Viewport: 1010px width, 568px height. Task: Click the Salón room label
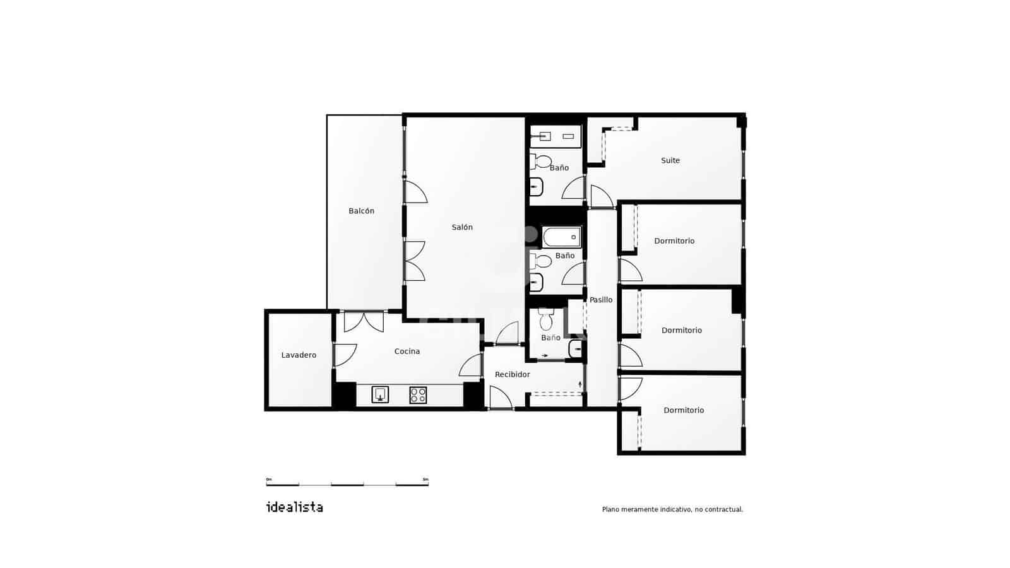pos(462,227)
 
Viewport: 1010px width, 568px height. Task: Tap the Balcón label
pos(361,211)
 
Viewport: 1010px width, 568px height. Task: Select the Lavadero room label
pos(299,355)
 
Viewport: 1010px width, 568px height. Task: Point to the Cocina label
pos(407,352)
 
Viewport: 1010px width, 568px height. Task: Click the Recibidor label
pos(512,374)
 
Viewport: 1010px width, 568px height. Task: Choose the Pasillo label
pos(601,300)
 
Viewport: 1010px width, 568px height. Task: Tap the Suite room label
pos(670,160)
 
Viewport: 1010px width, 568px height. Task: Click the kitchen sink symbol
pos(380,395)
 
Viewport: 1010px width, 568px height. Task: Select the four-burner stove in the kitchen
pos(418,395)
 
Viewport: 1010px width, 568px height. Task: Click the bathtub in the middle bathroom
pos(562,237)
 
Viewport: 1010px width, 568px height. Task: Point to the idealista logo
pos(295,507)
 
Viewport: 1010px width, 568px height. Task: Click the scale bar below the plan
pos(347,483)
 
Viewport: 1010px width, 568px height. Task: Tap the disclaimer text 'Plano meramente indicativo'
pos(672,509)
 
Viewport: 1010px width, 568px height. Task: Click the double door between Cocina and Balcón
pos(364,321)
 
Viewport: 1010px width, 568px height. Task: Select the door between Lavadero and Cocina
pos(344,355)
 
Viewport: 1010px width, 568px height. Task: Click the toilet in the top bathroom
pos(541,162)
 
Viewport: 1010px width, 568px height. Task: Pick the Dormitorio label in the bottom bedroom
pos(684,410)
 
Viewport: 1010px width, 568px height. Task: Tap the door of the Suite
pos(601,196)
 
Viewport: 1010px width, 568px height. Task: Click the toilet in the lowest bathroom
pos(546,321)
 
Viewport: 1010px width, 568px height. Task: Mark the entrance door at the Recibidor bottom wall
pos(500,398)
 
